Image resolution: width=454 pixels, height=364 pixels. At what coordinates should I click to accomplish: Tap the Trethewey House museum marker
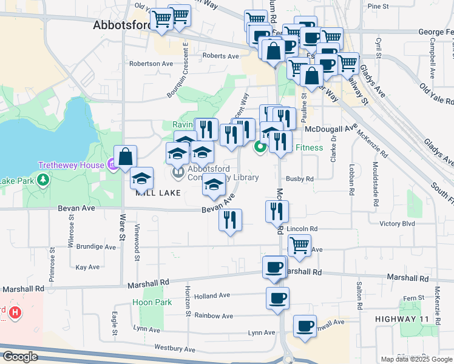pos(112,164)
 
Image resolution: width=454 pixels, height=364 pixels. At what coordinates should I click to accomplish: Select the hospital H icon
pos(16,313)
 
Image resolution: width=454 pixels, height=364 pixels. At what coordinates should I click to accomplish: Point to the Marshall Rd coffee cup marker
pos(274,266)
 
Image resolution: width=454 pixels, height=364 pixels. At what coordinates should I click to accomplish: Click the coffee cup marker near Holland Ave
pos(277,298)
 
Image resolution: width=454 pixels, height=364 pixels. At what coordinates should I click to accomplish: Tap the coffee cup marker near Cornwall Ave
pos(305,326)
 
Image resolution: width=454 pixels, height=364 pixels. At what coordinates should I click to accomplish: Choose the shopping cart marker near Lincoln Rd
pos(299,245)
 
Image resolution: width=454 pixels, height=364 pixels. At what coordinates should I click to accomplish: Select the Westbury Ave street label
pos(175,349)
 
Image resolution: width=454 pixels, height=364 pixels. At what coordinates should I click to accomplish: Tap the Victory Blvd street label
pos(397,223)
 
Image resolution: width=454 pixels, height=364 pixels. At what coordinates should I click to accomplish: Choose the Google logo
pos(20,357)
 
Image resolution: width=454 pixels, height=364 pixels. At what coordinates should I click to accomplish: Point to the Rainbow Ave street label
pos(213,316)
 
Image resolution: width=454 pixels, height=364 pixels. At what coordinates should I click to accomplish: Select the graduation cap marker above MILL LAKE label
pos(141,178)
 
